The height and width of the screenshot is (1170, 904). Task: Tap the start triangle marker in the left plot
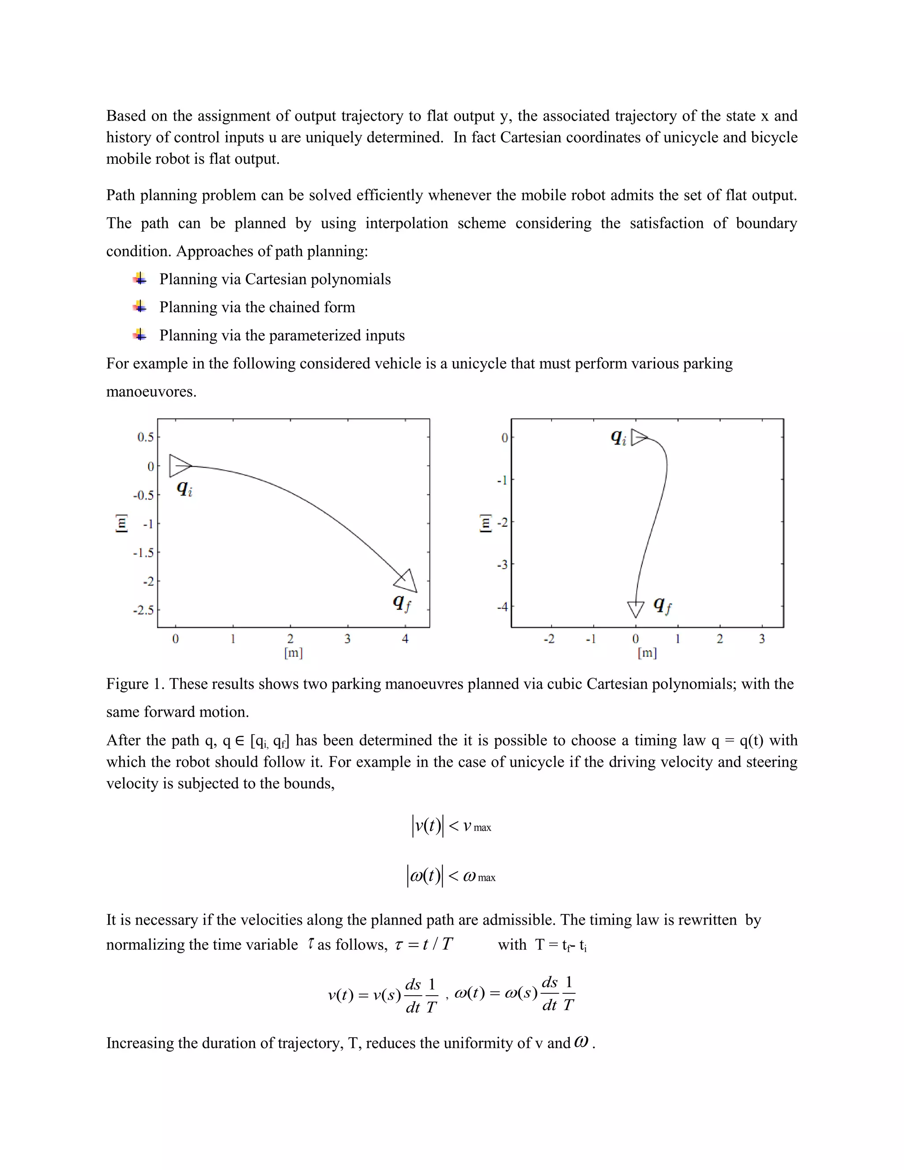tap(179, 465)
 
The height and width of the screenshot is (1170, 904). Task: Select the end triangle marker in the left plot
tap(407, 581)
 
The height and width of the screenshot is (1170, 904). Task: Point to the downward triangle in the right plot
tap(636, 608)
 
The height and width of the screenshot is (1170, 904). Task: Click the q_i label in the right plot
tap(618, 438)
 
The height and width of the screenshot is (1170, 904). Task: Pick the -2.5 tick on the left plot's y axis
tap(143, 610)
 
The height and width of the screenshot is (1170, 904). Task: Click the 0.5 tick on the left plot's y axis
tap(145, 437)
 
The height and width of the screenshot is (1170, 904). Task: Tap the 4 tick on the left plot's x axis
tap(405, 638)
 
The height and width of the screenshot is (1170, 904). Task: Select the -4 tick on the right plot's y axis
tap(502, 607)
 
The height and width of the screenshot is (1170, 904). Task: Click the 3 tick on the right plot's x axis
tap(762, 638)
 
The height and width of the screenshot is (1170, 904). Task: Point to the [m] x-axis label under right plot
tap(647, 653)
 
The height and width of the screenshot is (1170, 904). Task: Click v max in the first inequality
tap(477, 827)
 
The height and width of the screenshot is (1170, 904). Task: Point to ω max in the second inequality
tap(479, 876)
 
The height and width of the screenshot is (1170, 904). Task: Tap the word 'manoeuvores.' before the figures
tap(151, 392)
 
